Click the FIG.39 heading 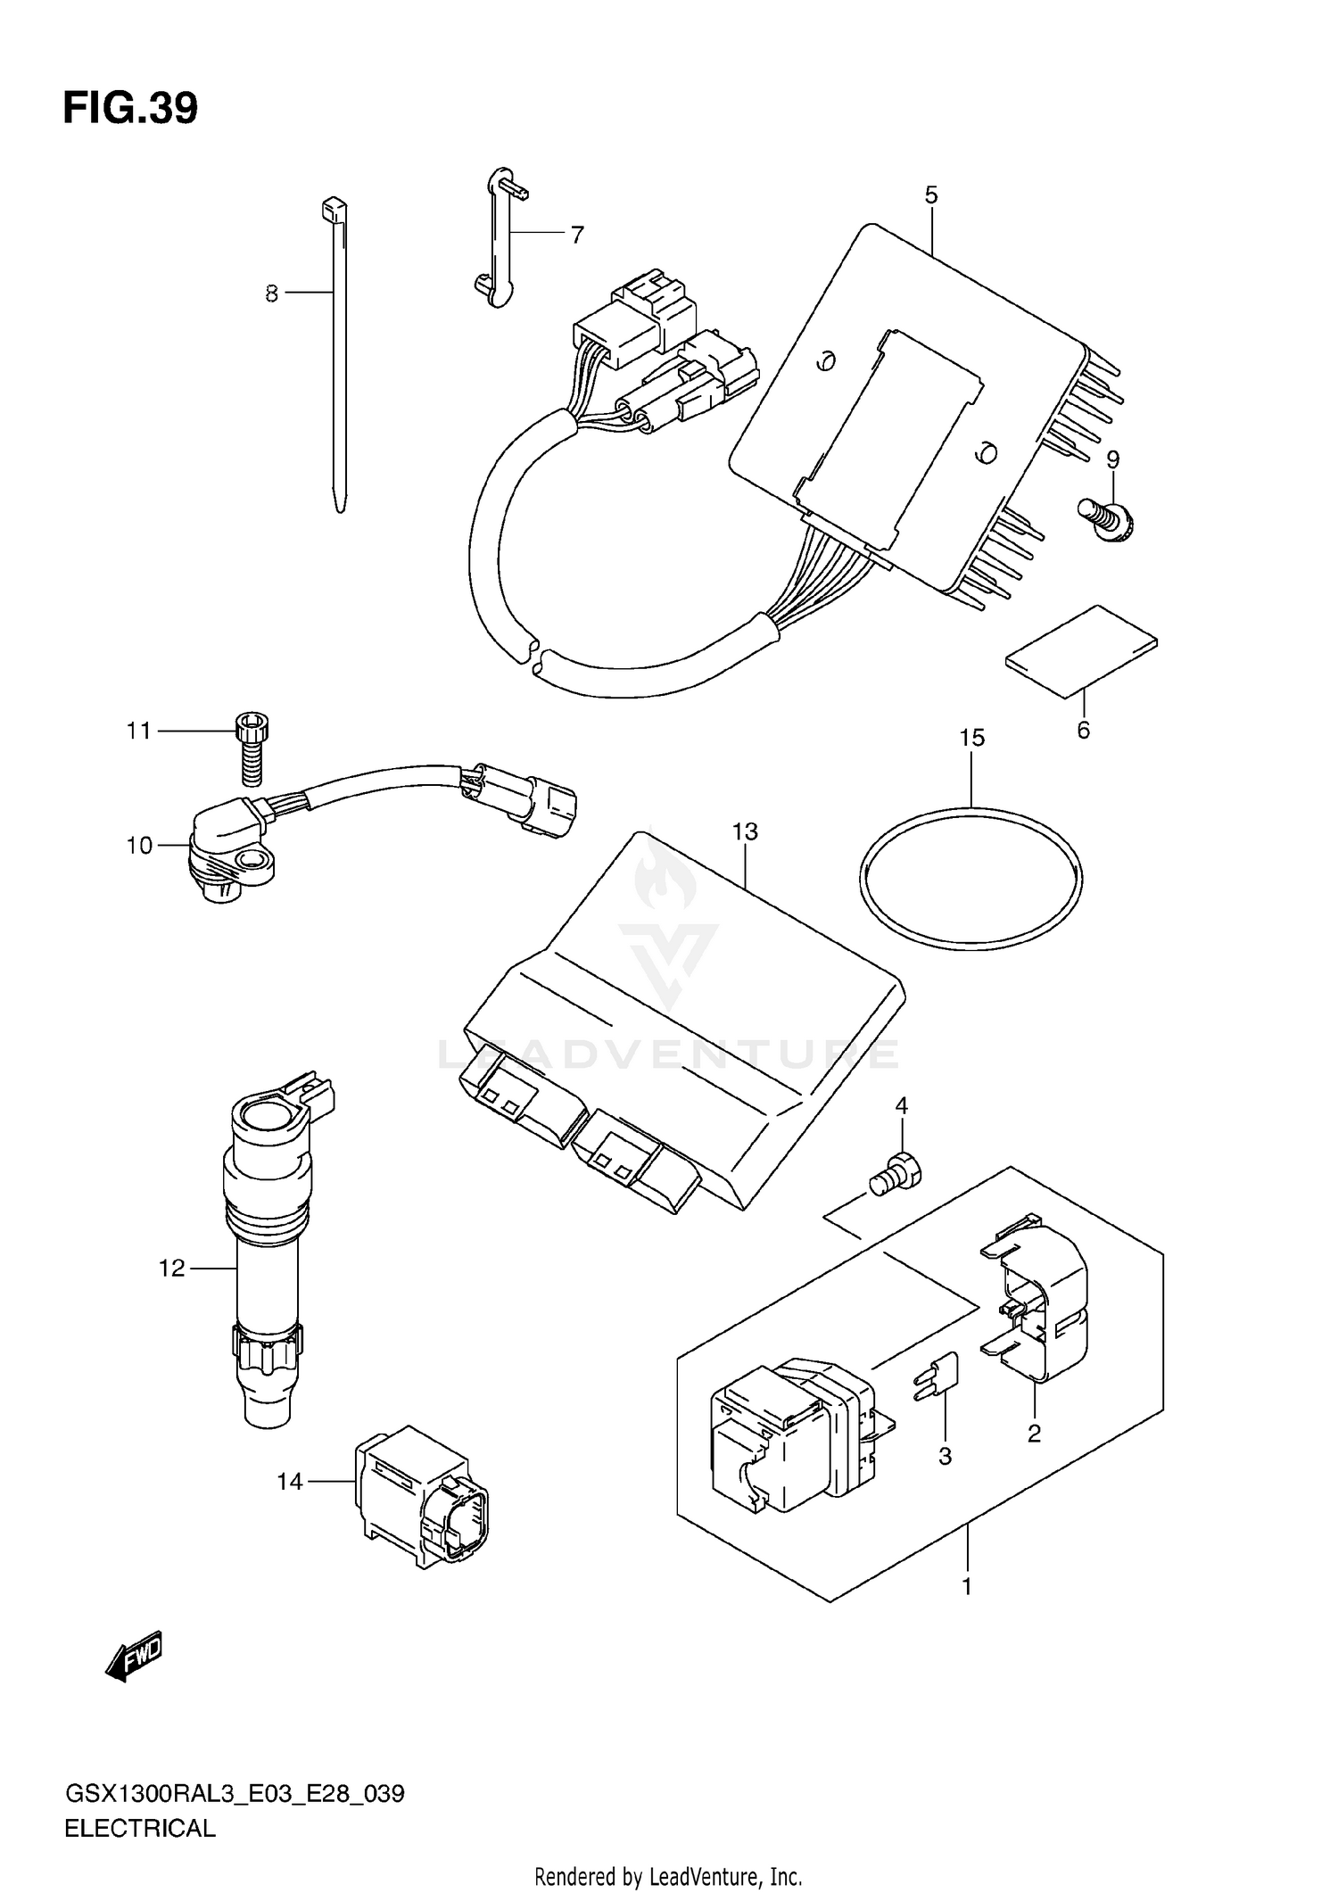pos(130,109)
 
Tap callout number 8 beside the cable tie pos(272,293)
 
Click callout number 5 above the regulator pos(931,194)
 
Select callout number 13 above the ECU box pos(745,831)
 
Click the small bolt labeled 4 pos(896,1171)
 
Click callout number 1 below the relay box pos(966,1587)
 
